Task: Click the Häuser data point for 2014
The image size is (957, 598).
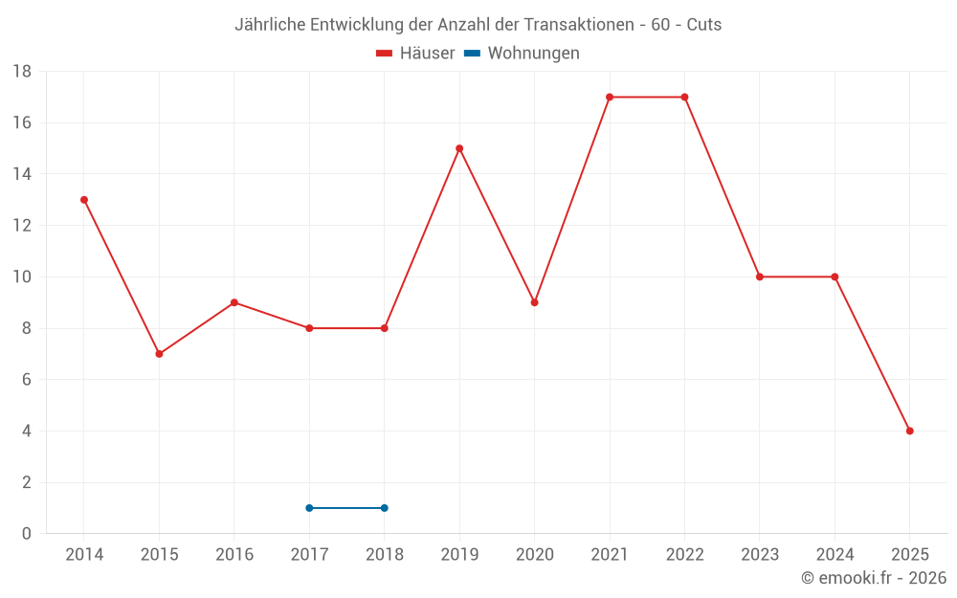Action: click(84, 200)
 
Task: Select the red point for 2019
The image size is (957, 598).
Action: click(459, 148)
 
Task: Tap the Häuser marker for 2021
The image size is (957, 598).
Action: click(610, 97)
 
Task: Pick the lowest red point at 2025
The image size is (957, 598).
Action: click(910, 431)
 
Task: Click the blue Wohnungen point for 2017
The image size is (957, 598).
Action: click(309, 508)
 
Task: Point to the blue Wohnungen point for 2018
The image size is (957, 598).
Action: click(385, 508)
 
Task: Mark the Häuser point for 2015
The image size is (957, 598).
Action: click(159, 354)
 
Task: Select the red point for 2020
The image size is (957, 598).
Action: click(535, 302)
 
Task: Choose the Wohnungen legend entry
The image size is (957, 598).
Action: click(533, 54)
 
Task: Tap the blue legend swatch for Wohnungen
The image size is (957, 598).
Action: click(472, 54)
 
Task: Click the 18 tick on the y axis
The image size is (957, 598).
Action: click(22, 72)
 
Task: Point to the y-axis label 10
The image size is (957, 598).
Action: click(22, 277)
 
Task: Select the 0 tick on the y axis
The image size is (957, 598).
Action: click(27, 534)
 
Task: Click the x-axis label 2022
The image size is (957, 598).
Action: click(684, 555)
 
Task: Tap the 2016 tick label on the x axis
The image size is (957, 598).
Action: click(234, 555)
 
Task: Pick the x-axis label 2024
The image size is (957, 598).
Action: click(835, 555)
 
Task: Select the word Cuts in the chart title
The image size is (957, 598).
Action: click(703, 25)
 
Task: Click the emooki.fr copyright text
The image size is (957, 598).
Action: click(874, 578)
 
